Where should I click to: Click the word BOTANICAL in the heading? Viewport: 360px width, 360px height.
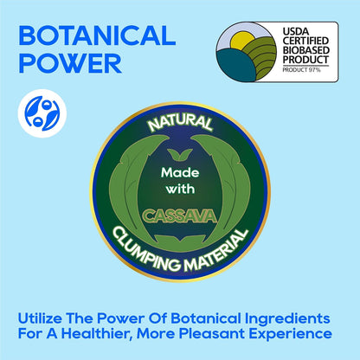(97, 35)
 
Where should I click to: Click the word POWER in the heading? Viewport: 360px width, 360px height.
(70, 63)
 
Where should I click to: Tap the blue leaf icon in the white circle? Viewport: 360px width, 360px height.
(42, 113)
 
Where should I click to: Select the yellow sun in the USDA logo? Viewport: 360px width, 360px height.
(242, 40)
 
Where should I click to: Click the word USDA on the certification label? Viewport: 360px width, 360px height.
(296, 31)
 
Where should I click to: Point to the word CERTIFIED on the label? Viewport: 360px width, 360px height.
(305, 41)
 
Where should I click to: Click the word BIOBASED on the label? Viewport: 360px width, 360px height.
(305, 50)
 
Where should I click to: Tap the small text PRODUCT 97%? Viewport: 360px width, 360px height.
(301, 70)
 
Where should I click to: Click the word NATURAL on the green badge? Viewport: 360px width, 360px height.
(180, 122)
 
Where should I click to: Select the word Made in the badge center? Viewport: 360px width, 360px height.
(180, 173)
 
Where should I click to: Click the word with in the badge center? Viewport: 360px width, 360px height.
(180, 190)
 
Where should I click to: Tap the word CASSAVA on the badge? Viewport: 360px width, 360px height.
(179, 216)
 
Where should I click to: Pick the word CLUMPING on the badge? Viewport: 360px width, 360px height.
(145, 251)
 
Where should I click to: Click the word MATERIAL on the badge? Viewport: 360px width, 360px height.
(217, 251)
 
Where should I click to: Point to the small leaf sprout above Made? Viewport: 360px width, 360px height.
(180, 155)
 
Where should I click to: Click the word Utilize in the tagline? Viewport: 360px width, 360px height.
(40, 318)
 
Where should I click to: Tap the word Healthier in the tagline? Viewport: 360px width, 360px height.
(96, 334)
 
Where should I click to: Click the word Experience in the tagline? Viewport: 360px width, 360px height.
(290, 334)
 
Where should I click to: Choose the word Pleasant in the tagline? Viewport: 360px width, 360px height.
(212, 334)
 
